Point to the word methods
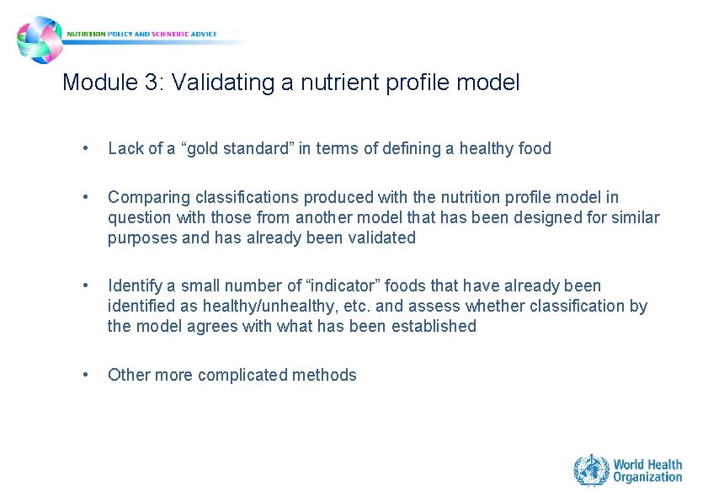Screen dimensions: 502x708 327,376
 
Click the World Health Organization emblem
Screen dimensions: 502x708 591,469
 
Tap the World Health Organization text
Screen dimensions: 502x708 647,470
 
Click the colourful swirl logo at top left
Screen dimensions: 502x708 40,40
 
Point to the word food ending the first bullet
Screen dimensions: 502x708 535,149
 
